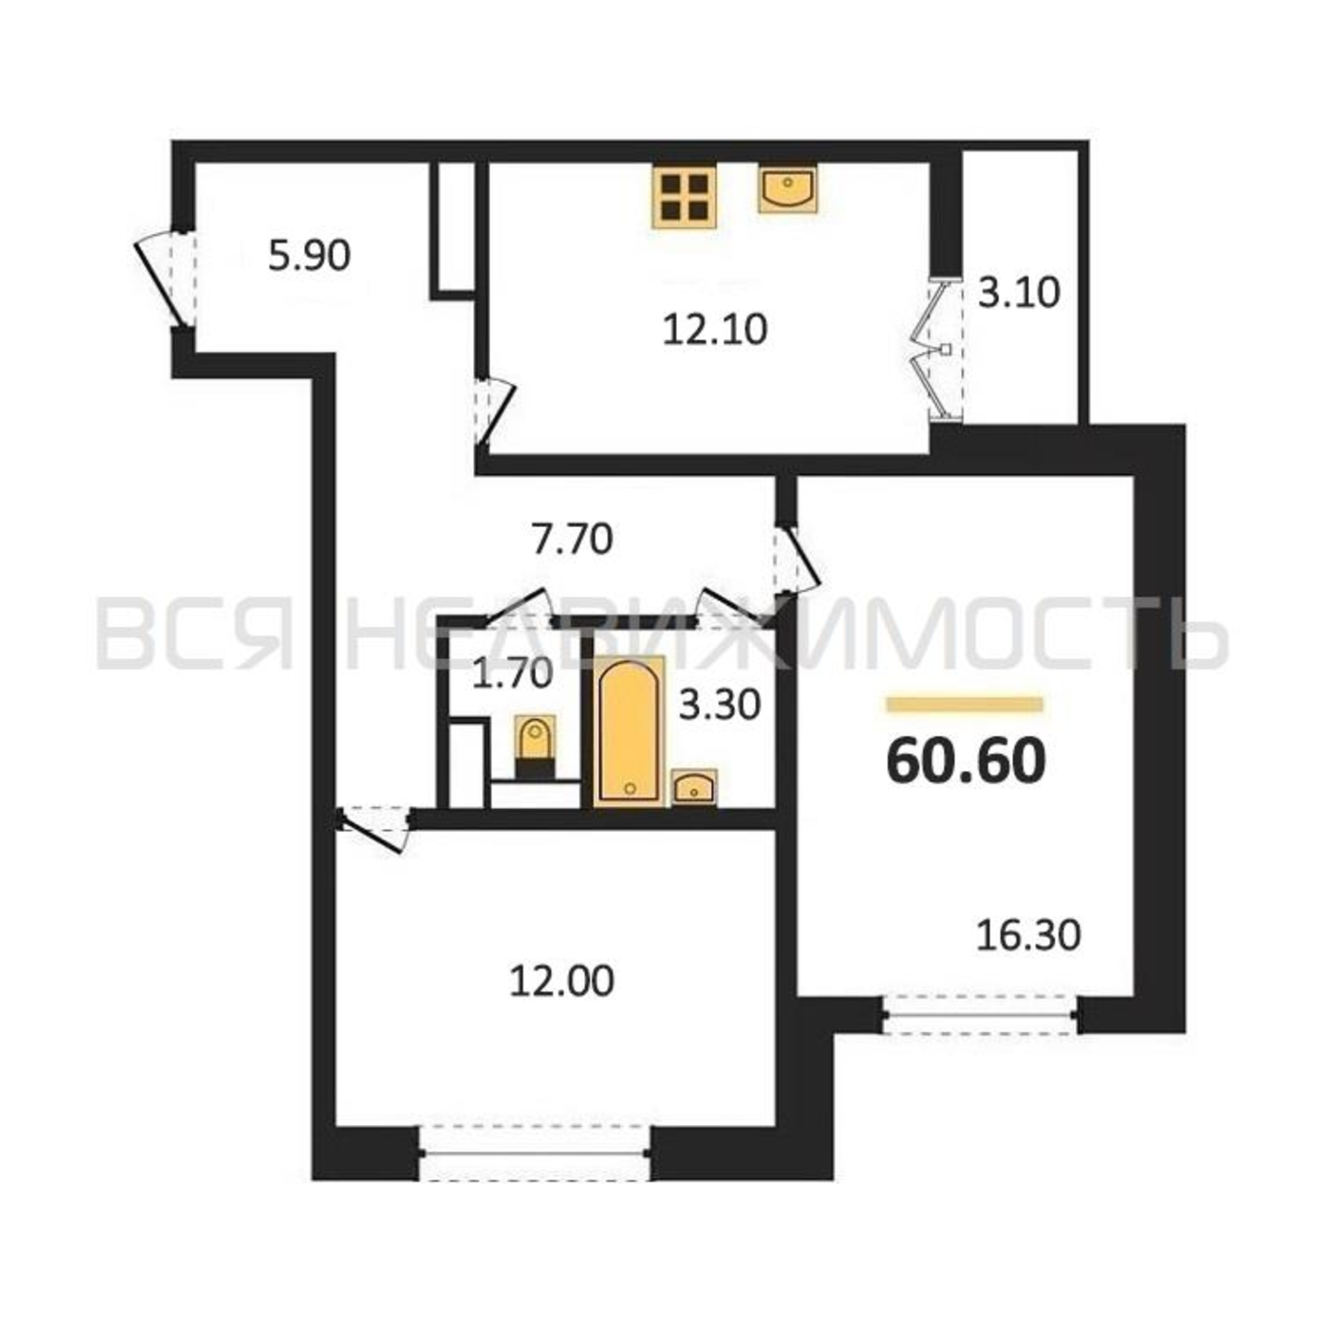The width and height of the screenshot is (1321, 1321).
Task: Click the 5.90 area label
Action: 309,256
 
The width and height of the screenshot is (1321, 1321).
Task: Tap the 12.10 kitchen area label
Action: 715,330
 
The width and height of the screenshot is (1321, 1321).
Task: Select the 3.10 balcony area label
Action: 1018,293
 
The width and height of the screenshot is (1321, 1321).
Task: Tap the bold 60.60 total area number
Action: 966,762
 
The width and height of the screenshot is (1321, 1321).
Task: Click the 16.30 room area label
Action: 1028,935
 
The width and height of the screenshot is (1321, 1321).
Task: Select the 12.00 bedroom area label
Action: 561,982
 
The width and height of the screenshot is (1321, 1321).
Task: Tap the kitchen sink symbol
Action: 788,188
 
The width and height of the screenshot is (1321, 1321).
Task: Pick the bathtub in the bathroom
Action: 629,731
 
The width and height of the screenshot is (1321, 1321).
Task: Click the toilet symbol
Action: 534,747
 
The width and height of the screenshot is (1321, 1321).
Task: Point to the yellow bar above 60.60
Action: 965,704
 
